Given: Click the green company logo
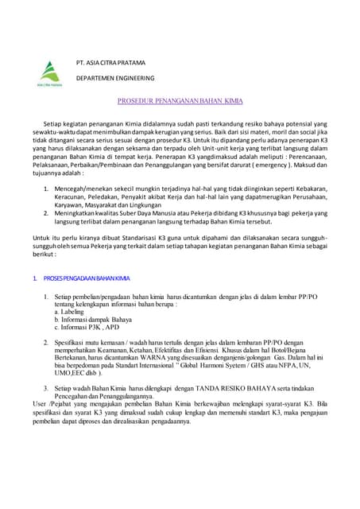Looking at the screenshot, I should point(49,72).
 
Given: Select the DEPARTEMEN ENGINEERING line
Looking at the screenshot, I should point(115,80).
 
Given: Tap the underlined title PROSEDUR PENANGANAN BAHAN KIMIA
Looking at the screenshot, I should point(180,103).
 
